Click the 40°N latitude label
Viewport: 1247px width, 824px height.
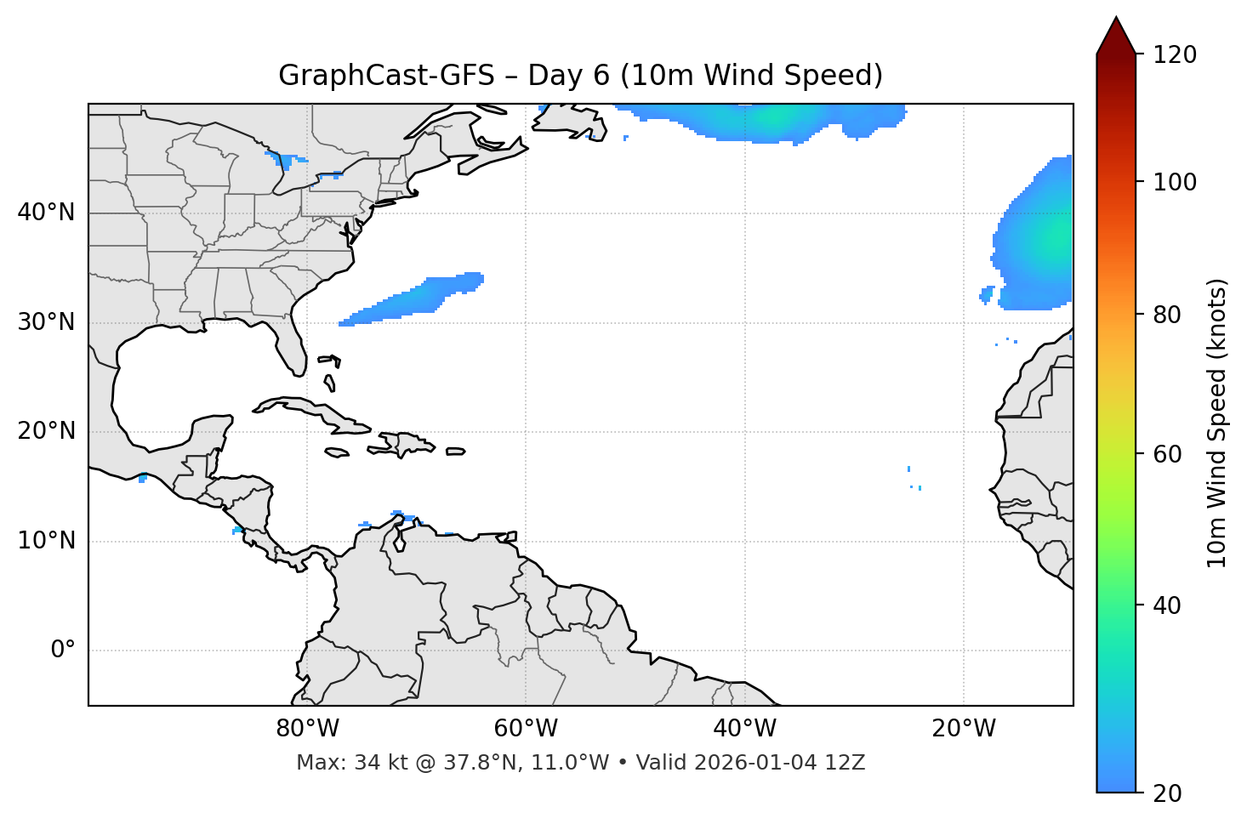[x=46, y=213]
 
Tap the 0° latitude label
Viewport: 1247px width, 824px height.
[x=62, y=651]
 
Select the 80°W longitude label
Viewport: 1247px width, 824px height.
[x=307, y=729]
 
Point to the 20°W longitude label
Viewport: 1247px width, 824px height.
[x=964, y=729]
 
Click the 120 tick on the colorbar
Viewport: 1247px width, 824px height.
[x=1176, y=55]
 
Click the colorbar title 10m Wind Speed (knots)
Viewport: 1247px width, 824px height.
[x=1217, y=423]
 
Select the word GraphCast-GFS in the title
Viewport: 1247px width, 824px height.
[x=386, y=76]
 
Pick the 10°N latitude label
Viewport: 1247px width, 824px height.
[x=46, y=541]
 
